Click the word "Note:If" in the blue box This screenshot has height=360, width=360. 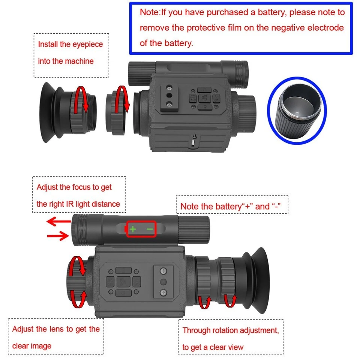click(x=150, y=12)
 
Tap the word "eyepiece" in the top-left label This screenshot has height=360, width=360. click(x=88, y=45)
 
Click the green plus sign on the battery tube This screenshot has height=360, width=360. click(x=132, y=228)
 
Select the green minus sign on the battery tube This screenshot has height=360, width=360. click(x=150, y=228)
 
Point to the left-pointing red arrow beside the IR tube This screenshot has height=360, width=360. click(x=58, y=222)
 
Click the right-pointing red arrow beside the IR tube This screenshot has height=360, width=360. click(x=58, y=236)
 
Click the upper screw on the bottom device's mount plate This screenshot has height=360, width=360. click(x=163, y=271)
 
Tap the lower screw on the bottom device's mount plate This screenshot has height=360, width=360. click(x=163, y=292)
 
